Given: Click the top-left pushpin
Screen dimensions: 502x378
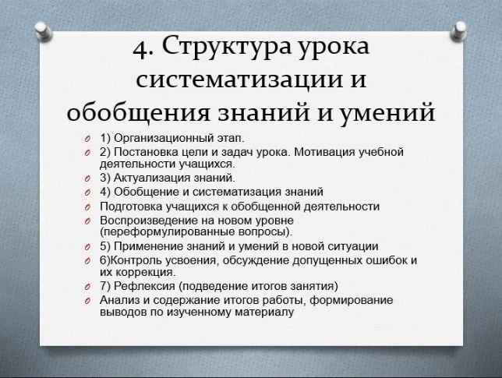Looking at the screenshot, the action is pos(43,30).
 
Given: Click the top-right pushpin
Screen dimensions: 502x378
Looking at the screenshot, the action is pos(459,31).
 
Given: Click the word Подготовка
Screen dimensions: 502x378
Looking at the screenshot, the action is pos(131,207).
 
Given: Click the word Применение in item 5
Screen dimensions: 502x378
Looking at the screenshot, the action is pos(148,246).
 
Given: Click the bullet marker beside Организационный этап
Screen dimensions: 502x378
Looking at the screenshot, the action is pos(87,139).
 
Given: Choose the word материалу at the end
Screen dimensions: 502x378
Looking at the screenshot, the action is pos(264,312).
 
